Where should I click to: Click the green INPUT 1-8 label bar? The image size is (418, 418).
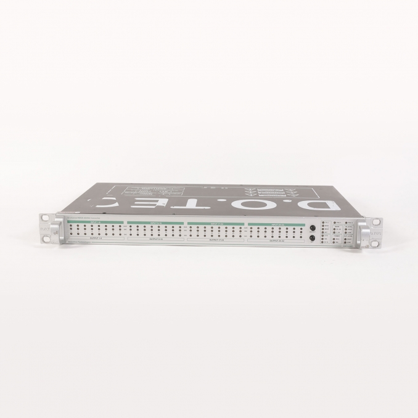(96, 223)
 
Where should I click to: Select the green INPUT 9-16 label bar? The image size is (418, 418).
(155, 223)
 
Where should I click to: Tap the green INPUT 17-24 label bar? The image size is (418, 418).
(215, 223)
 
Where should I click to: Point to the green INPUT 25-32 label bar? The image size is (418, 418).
(276, 223)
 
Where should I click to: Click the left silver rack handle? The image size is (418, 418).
(54, 233)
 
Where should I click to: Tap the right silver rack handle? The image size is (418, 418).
(363, 233)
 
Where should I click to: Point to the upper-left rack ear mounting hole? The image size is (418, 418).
(44, 218)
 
